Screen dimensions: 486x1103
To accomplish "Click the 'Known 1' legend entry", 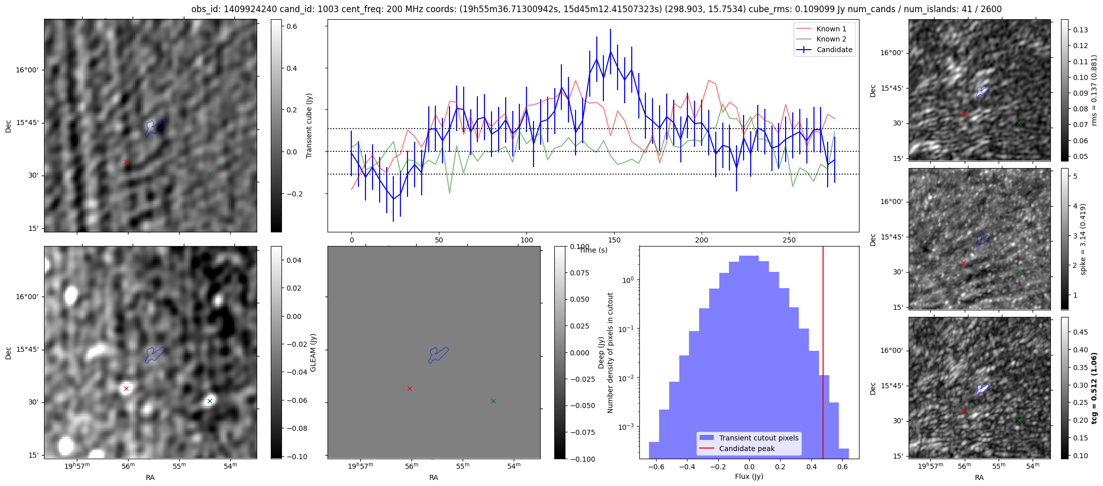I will [831, 29].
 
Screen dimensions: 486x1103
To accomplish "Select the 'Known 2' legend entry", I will [831, 39].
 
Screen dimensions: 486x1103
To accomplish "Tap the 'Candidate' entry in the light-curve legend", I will [834, 50].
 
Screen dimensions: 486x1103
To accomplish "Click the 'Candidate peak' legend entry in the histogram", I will [747, 449].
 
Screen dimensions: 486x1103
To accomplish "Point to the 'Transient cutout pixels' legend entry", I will [758, 438].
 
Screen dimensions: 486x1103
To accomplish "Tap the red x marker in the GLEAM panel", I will [126, 389].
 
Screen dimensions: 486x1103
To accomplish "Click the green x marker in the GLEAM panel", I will [210, 401].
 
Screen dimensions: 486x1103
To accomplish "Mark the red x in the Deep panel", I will [410, 389].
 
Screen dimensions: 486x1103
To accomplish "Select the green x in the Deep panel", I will [493, 401].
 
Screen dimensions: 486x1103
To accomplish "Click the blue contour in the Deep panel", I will [438, 354].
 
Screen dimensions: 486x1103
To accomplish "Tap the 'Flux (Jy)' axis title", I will [749, 476].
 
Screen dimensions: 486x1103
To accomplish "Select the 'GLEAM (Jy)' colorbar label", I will [313, 352].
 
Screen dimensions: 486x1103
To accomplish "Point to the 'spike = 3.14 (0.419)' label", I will [1083, 239].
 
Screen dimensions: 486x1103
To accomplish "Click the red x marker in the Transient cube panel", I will [126, 162].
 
